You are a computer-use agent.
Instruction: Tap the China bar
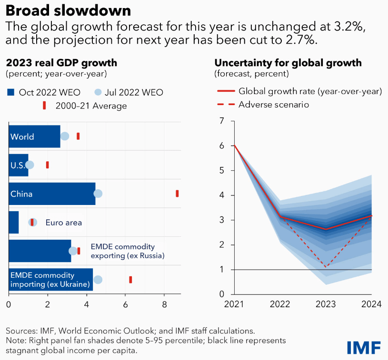52,194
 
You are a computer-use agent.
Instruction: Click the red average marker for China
177,193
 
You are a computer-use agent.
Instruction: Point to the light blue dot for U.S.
30,165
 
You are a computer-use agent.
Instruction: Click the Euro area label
64,222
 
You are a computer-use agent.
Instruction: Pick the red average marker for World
78,136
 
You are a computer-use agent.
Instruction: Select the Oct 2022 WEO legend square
10,92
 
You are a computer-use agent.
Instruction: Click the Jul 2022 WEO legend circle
98,92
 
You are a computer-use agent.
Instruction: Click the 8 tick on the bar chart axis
164,303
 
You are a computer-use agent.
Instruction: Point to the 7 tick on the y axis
221,121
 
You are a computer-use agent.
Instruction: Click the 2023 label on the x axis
326,303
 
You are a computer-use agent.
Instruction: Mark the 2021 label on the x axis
234,303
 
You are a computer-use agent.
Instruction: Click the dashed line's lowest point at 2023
326,267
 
